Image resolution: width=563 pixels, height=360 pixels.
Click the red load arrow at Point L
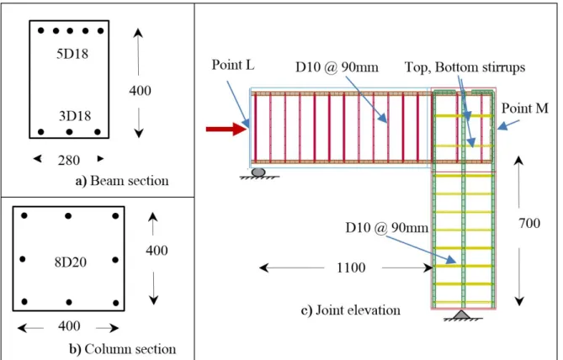(227, 129)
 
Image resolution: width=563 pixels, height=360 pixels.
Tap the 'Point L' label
(233, 65)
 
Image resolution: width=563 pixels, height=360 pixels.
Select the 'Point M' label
(524, 108)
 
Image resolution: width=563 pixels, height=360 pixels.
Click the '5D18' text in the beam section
(72, 54)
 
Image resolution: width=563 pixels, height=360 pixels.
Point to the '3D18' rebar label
(75, 116)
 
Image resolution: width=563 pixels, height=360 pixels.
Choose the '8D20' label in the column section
(71, 262)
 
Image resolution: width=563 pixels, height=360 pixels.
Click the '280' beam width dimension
(68, 160)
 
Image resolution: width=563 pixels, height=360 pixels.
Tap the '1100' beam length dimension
(351, 267)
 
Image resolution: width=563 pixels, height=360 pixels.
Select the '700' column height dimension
(529, 223)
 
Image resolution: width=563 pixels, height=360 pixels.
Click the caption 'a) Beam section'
(122, 181)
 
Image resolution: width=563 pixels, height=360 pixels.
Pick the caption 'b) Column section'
(122, 349)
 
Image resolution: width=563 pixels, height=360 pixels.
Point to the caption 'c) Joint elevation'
(350, 310)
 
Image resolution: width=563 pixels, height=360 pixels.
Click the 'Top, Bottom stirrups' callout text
(465, 67)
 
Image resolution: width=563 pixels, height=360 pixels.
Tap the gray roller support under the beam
(258, 172)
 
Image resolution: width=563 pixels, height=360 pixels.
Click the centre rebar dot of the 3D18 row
(69, 132)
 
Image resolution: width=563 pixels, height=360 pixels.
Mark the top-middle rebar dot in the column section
(68, 215)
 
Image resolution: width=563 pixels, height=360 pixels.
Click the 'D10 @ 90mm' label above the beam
(337, 67)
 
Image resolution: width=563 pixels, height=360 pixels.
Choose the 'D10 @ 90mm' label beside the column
(387, 228)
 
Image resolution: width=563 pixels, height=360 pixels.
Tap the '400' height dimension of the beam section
(140, 91)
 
